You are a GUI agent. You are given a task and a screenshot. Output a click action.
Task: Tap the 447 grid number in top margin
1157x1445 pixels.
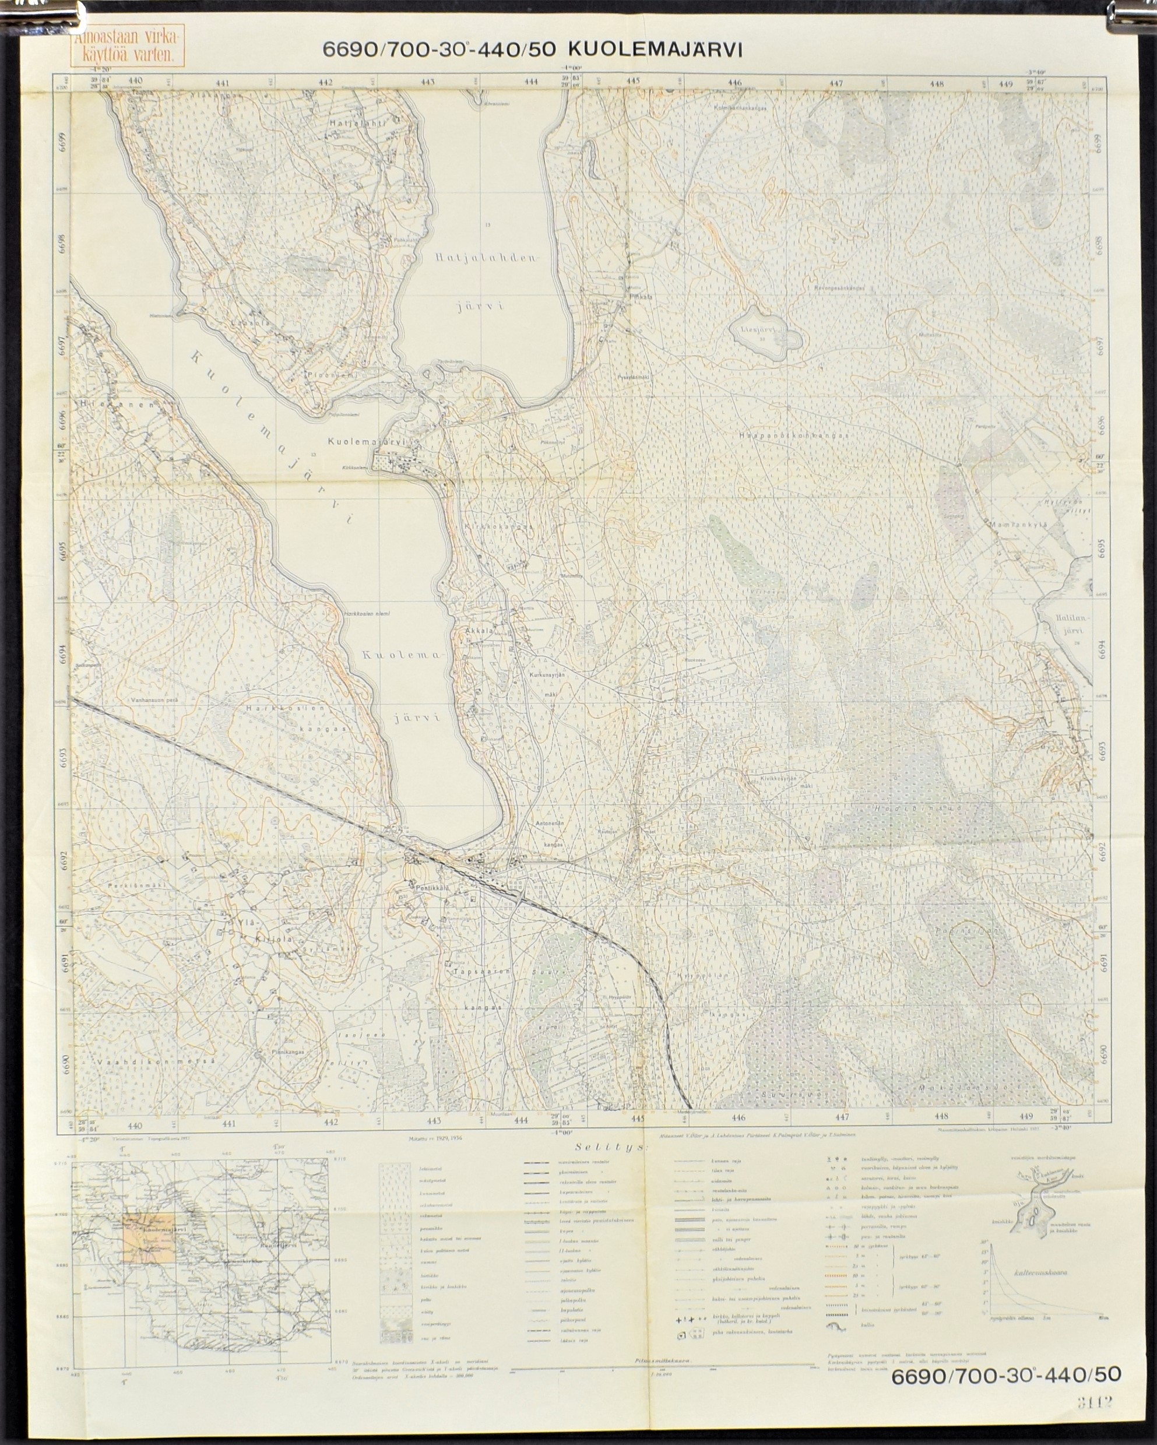coord(835,84)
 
